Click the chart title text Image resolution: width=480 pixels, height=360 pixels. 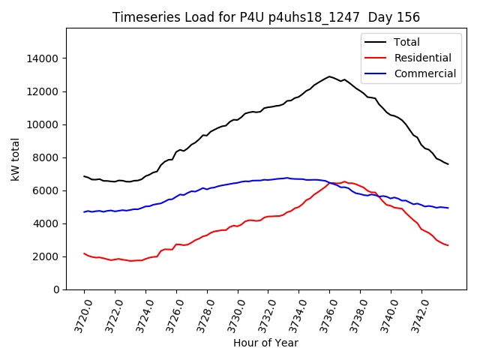266,17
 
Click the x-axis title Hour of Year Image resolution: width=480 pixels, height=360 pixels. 265,343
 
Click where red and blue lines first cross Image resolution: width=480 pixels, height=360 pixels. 328,182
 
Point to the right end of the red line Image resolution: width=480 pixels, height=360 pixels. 448,245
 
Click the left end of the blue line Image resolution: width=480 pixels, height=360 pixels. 84,211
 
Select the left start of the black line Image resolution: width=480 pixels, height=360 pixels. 84,176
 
